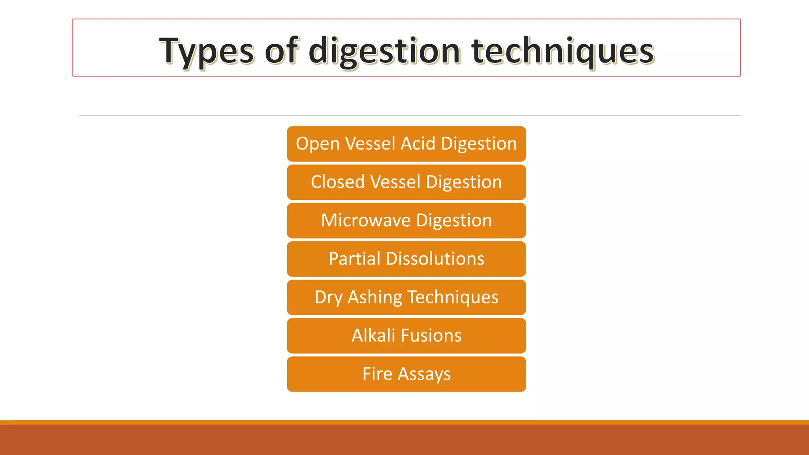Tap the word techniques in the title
point(563,51)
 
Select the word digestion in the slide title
point(384,51)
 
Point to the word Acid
point(418,143)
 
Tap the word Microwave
point(366,220)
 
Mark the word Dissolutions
point(435,259)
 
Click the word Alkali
point(373,335)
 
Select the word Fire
point(377,374)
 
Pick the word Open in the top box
point(318,144)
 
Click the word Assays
point(424,374)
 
